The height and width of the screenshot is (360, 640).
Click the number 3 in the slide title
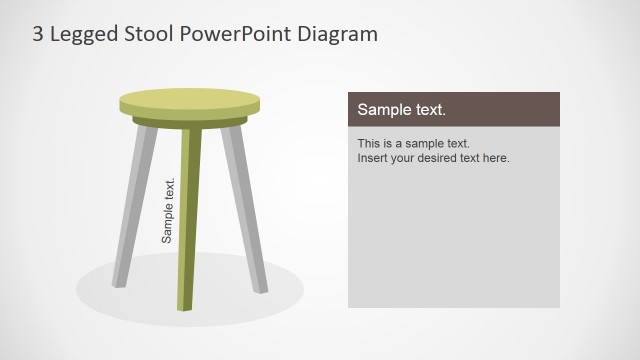[x=37, y=34]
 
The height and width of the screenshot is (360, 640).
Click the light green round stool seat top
[x=189, y=100]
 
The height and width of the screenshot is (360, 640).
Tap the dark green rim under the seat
[x=189, y=122]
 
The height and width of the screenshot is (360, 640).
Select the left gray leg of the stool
[x=135, y=200]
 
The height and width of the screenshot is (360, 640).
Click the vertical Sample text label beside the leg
[x=168, y=210]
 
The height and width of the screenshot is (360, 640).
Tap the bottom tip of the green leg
[x=185, y=306]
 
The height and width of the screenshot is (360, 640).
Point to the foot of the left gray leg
[x=118, y=282]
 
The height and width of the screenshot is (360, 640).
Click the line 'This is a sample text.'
[x=413, y=143]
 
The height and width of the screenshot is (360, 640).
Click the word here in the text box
[x=496, y=157]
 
